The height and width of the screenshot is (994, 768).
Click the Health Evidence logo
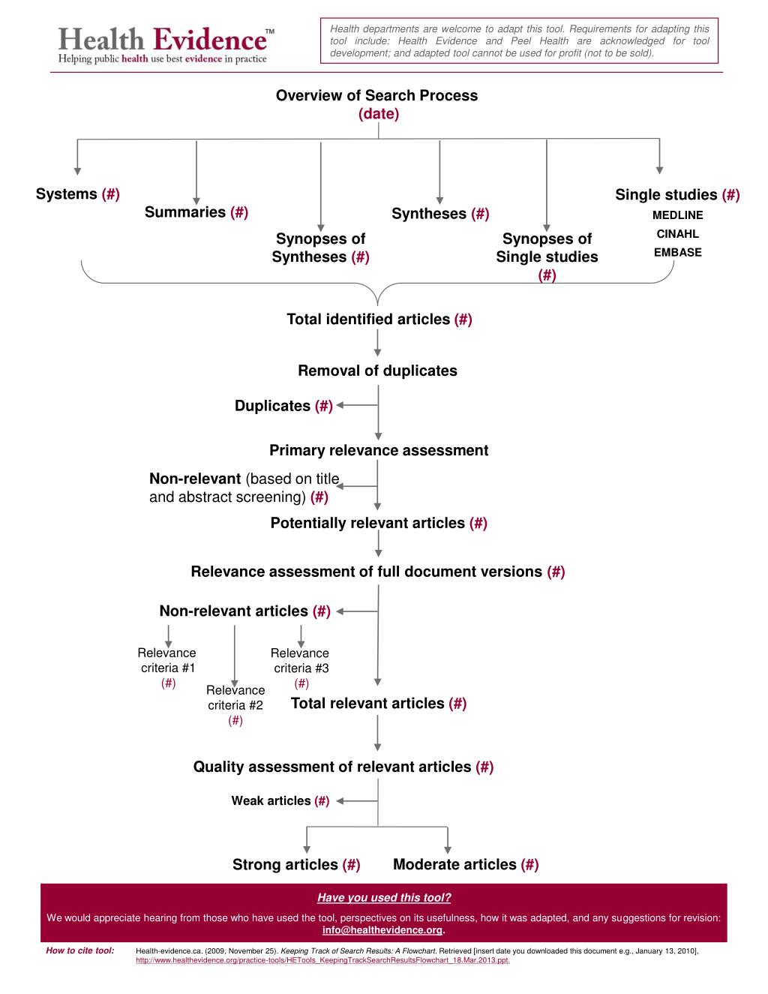(166, 45)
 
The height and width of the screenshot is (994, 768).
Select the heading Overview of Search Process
(376, 95)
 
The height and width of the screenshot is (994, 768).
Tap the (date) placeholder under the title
(379, 113)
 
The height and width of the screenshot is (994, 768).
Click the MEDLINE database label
(677, 215)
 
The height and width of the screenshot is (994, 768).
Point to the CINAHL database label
(677, 234)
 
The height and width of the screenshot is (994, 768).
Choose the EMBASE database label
(677, 253)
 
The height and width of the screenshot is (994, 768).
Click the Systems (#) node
(78, 194)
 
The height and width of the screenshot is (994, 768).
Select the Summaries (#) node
(196, 212)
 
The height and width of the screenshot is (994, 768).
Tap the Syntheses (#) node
(441, 214)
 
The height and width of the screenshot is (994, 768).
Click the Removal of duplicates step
(377, 371)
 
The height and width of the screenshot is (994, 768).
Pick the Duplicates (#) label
(283, 406)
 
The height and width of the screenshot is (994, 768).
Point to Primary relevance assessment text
(379, 450)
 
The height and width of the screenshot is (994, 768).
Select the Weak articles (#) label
(280, 800)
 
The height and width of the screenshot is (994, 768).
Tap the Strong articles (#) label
(296, 864)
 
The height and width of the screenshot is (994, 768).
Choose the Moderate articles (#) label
(466, 864)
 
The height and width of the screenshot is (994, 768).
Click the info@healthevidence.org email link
(382, 930)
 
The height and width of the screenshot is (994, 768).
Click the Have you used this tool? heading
(384, 897)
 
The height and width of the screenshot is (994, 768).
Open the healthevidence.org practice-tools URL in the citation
(322, 960)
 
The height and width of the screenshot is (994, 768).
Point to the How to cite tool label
(80, 950)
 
